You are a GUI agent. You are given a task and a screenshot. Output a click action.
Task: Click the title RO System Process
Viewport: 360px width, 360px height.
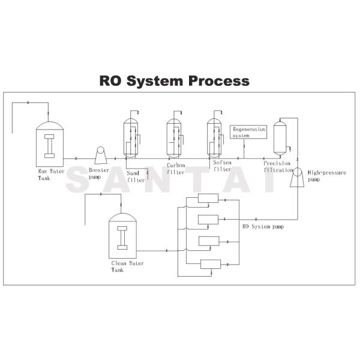(x=174, y=80)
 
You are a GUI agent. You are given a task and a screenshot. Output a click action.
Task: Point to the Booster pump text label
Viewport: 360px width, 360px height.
(x=100, y=174)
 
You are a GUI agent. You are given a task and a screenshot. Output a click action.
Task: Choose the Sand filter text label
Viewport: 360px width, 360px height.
(x=136, y=176)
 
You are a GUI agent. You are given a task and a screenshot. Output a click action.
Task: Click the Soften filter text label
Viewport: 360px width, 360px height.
(x=222, y=166)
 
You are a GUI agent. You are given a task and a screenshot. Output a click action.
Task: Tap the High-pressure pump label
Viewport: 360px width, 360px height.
(x=324, y=175)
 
